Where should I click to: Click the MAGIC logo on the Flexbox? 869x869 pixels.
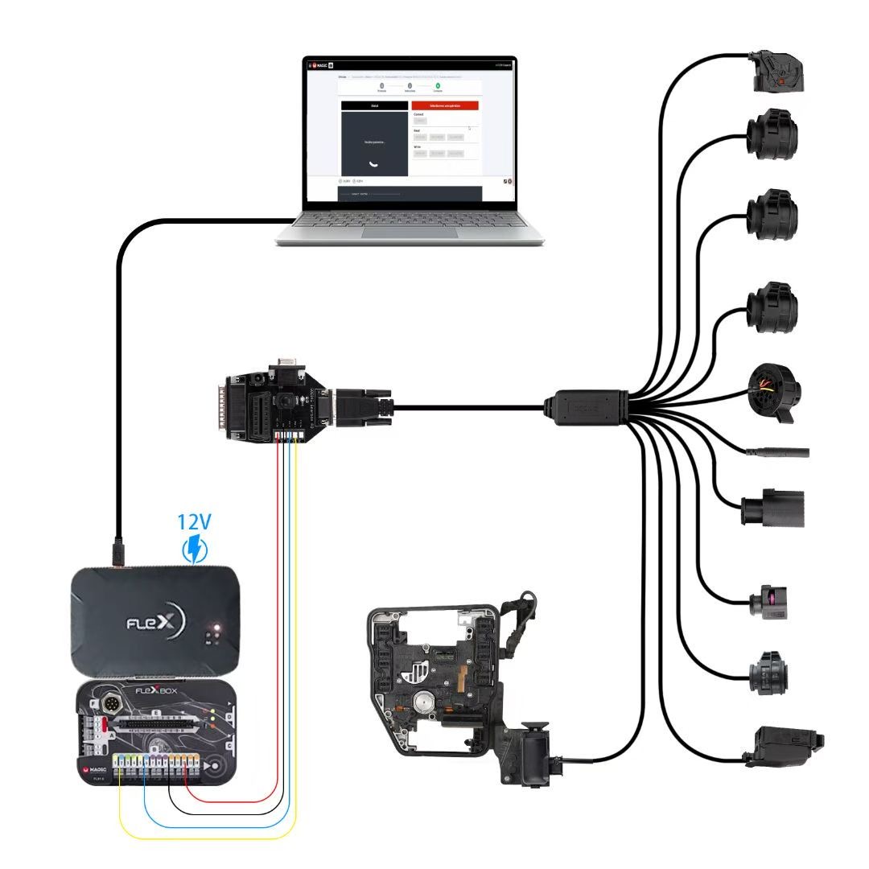tap(99, 770)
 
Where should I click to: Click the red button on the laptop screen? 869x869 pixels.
tap(444, 105)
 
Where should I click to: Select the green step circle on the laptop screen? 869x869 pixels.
tap(438, 84)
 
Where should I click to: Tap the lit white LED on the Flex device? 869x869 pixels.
tap(213, 627)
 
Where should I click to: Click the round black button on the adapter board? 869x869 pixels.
tap(286, 399)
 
